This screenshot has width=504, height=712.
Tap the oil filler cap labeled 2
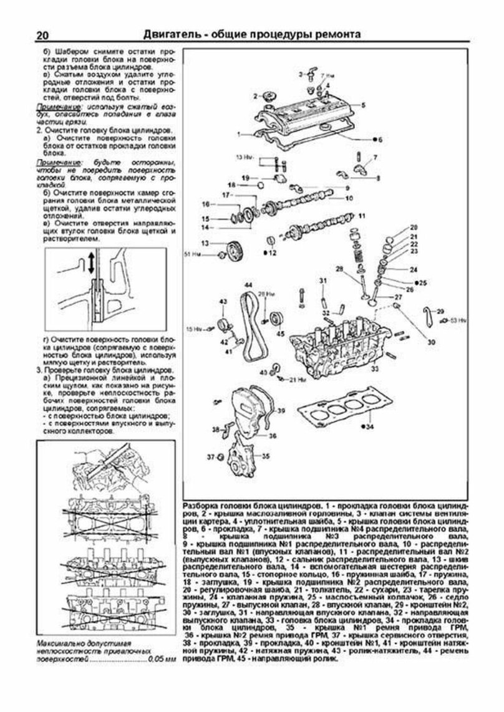tap(271, 97)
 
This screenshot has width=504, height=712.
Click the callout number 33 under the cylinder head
tap(374, 369)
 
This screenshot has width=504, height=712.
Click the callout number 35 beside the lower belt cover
tap(266, 456)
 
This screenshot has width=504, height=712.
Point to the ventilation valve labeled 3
tap(309, 76)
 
